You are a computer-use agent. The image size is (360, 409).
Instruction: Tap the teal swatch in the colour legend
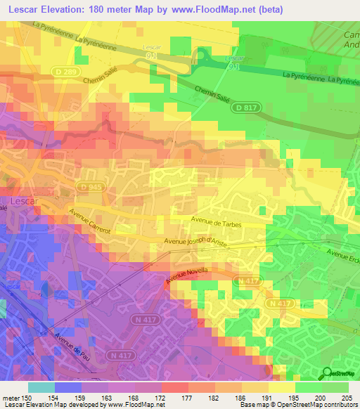(x=41, y=387)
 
